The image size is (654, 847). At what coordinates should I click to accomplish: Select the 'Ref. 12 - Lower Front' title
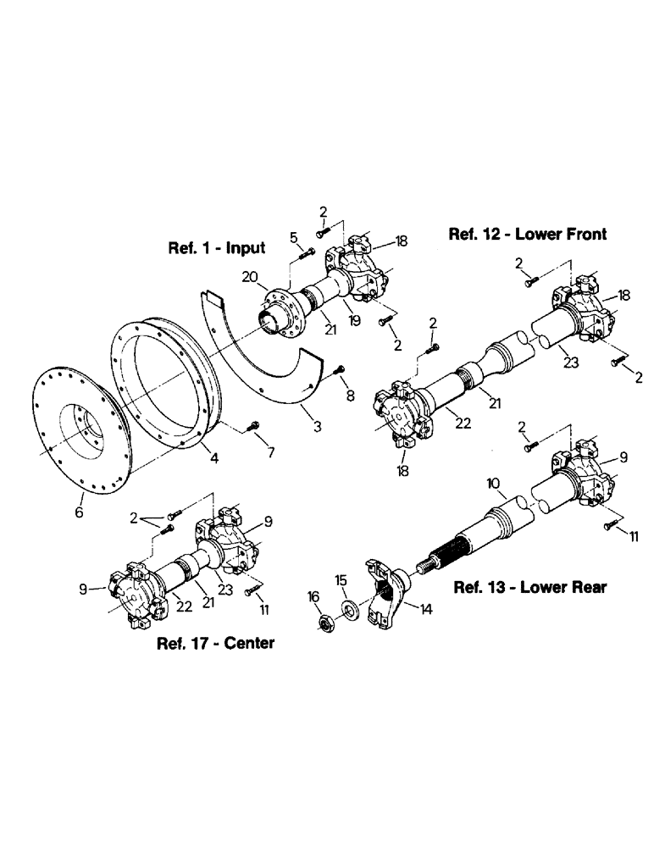tap(527, 234)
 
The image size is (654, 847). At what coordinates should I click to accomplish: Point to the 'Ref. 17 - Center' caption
tap(215, 643)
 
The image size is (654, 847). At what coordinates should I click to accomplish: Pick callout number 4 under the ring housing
tap(214, 458)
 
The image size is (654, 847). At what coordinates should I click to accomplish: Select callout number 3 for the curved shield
tap(316, 428)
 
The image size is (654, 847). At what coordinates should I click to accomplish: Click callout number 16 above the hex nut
tap(313, 597)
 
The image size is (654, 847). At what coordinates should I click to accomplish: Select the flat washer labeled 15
tap(350, 610)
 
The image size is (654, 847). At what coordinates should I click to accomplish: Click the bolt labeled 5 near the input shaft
tap(308, 252)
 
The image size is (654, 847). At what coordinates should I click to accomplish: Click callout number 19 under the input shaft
tap(354, 323)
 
